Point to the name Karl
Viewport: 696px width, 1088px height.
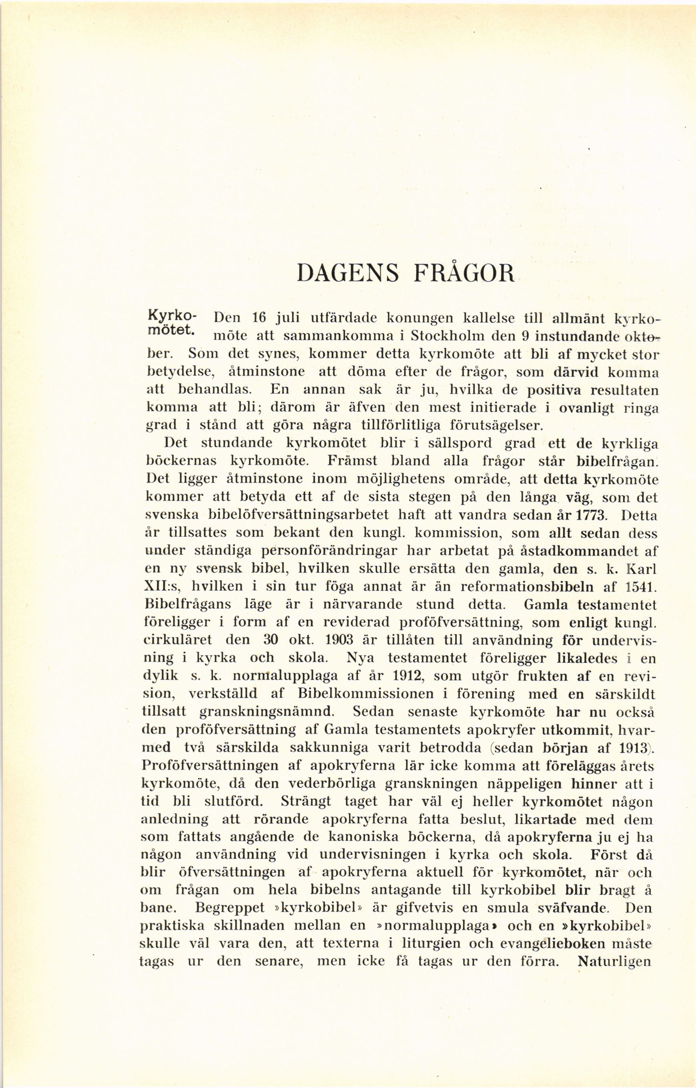click(x=641, y=568)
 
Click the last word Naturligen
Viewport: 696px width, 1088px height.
click(x=614, y=962)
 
